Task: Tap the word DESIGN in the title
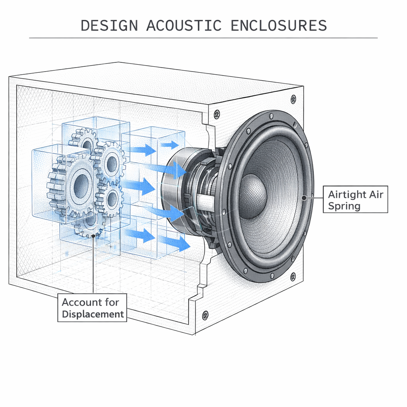tap(109, 25)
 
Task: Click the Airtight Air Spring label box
tap(355, 200)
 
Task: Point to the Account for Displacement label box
tap(92, 308)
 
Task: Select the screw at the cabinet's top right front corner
tap(293, 98)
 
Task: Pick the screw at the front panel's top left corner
tap(217, 115)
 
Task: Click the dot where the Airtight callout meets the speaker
tap(304, 197)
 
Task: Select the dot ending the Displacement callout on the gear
tap(93, 236)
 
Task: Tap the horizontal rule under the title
tap(203, 38)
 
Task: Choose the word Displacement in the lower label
tap(93, 314)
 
